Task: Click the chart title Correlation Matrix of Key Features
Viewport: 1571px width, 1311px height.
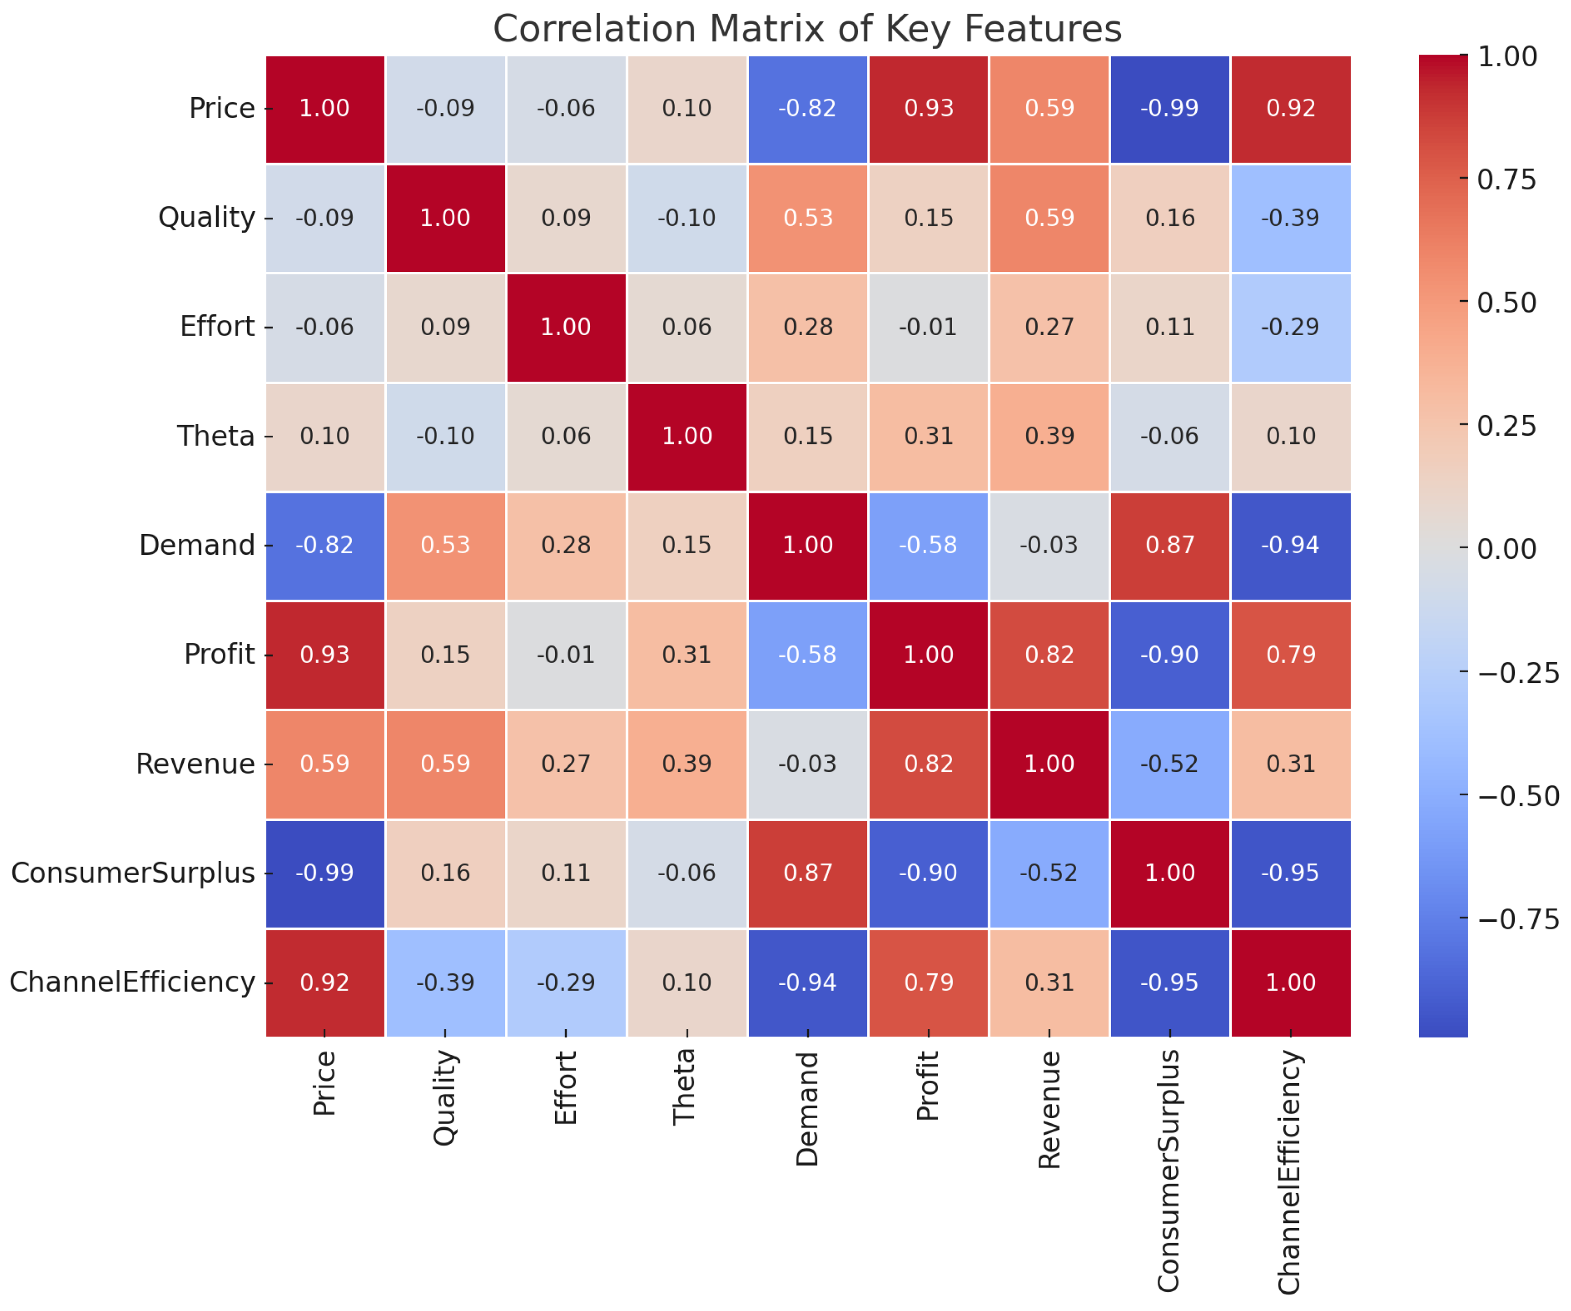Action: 807,29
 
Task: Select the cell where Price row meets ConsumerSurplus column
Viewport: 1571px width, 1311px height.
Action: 1169,108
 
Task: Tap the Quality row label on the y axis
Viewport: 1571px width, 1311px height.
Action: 207,218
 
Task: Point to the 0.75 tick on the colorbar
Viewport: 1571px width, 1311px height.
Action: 1506,180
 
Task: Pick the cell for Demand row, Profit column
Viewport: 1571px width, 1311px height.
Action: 928,545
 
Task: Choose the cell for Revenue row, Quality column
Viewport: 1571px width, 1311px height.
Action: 445,763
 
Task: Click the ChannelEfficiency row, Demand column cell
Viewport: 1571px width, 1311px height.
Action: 807,982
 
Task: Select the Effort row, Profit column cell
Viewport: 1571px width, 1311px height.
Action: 928,327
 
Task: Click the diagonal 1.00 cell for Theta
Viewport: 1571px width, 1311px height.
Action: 687,436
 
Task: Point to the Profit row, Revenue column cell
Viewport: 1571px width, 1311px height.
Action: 1049,654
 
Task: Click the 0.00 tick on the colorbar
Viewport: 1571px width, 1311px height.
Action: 1506,549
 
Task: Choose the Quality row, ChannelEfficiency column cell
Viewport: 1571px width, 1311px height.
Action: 1290,218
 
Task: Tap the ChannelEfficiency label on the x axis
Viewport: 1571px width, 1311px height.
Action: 1290,1171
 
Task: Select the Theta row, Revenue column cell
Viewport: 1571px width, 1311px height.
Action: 1049,436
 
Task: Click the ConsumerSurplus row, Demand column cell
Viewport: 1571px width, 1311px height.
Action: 807,873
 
